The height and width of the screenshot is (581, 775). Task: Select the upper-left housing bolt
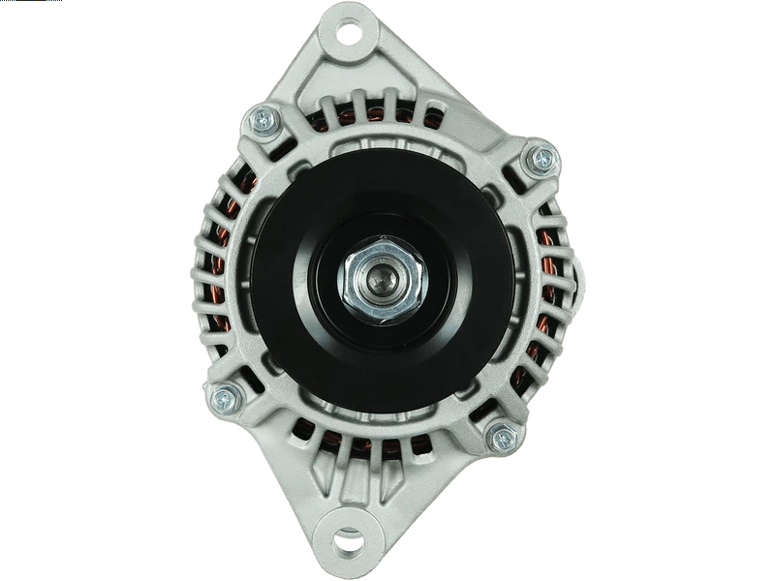263,120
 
